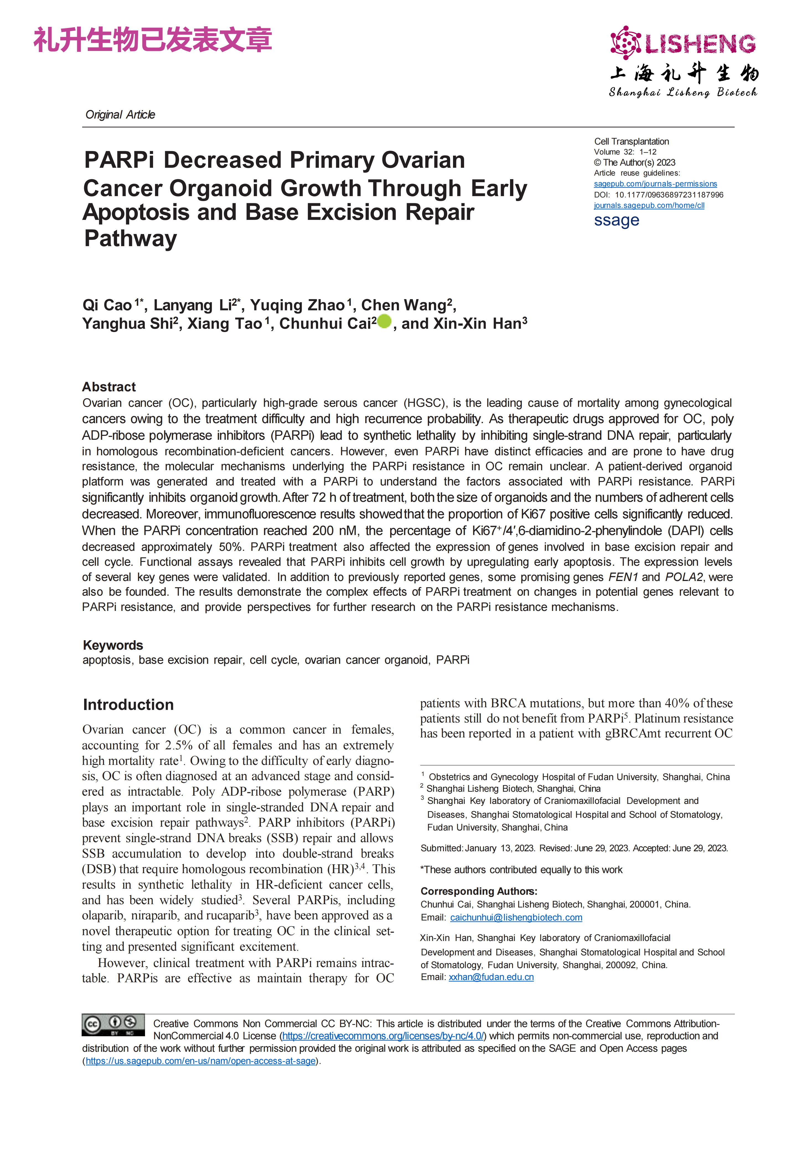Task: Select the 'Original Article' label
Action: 120,115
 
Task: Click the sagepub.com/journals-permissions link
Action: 655,184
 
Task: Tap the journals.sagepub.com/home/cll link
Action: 649,205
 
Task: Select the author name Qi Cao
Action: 107,305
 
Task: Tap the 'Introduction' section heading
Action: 128,704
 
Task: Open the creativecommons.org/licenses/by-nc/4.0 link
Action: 383,1036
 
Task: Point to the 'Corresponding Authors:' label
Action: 478,891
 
